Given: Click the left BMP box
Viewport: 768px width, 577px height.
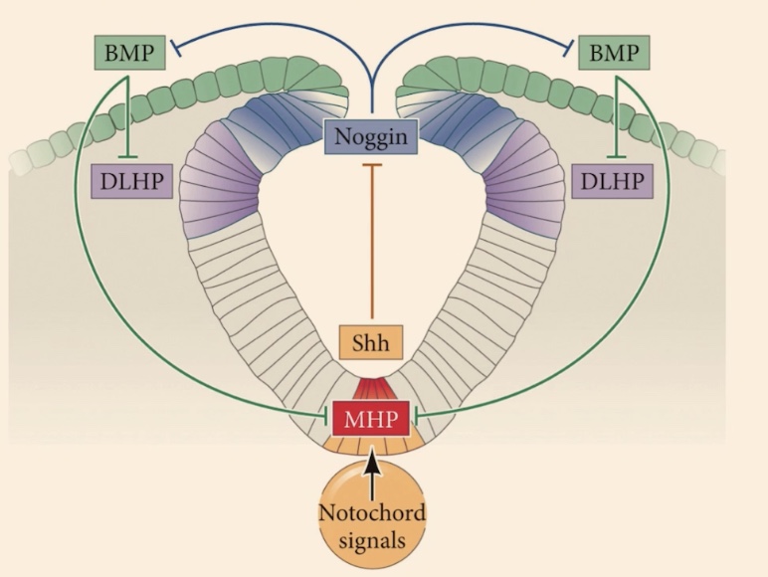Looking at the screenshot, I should [x=126, y=51].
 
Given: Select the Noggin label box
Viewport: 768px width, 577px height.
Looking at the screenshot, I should [x=370, y=133].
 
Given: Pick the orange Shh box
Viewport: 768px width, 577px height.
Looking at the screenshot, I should [x=370, y=343].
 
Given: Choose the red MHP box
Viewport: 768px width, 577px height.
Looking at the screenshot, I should [x=369, y=419].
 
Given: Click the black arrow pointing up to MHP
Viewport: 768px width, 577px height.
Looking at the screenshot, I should [x=370, y=469].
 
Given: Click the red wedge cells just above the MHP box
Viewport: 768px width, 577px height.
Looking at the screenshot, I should [x=370, y=389].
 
